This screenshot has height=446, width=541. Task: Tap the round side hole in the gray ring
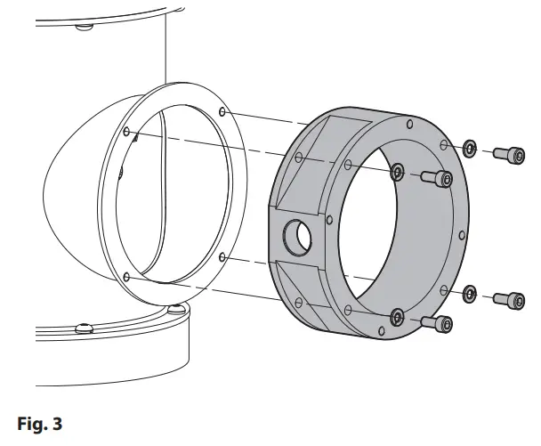[x=297, y=236]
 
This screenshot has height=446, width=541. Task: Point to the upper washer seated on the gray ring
[x=398, y=169]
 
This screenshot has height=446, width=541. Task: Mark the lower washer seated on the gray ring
[x=397, y=314]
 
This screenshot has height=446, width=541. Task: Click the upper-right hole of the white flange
[x=222, y=112]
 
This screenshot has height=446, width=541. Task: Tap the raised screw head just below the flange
[x=177, y=309]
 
